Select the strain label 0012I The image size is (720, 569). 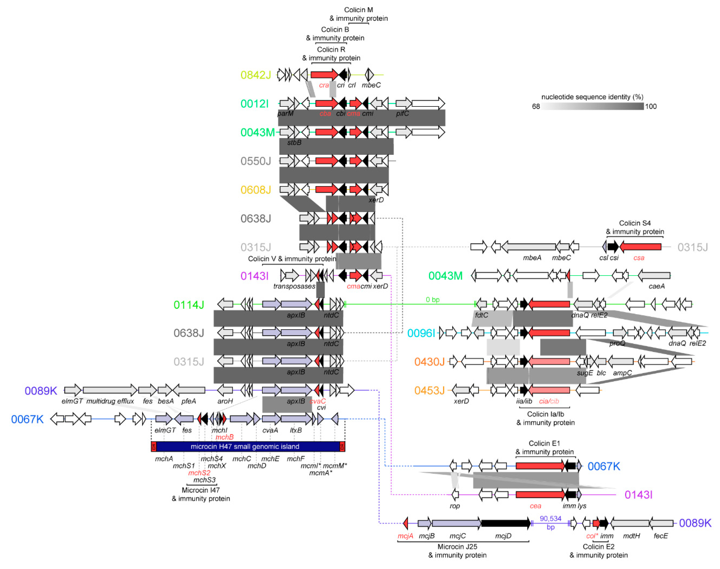(254, 104)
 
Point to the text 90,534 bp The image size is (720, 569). (550, 522)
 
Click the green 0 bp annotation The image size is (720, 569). (433, 300)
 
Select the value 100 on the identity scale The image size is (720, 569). (651, 107)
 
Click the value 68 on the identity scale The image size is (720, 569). (536, 107)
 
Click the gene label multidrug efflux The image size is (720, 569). (110, 401)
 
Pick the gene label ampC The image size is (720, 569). (622, 373)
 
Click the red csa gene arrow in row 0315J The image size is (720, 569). (640, 247)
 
